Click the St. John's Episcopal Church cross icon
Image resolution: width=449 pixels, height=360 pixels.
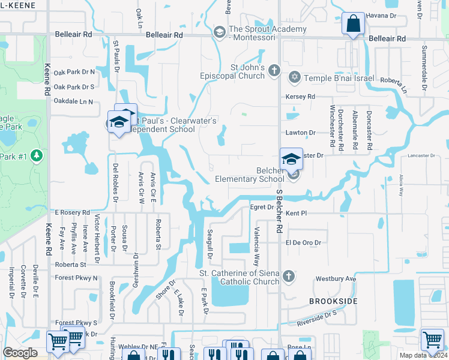274,71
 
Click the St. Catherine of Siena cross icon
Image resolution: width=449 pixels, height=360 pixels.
288,276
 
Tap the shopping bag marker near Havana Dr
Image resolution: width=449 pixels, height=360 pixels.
353,24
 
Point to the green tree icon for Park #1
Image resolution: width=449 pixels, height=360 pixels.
37,156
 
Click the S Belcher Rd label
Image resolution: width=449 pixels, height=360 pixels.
279,213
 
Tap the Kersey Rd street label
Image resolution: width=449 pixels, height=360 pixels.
302,97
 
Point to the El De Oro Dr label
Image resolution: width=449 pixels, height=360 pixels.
303,242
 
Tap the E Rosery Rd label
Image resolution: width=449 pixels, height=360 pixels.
72,212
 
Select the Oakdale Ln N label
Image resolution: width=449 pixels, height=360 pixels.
73,101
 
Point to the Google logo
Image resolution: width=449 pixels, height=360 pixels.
20,353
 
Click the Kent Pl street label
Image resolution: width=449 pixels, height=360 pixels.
297,213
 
